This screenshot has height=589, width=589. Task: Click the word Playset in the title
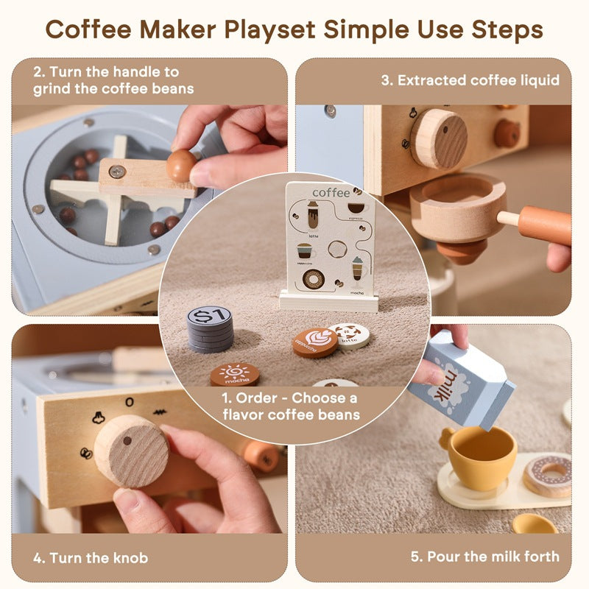(273, 30)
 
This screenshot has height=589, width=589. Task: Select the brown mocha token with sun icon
(234, 374)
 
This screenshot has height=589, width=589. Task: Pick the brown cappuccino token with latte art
(314, 342)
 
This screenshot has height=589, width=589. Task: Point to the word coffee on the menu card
(331, 192)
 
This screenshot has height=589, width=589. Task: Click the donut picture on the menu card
(314, 279)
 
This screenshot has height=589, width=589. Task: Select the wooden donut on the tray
(549, 474)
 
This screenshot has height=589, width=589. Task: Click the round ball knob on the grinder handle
(181, 166)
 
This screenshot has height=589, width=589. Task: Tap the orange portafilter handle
(544, 225)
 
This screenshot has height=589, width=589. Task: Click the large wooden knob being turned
(131, 451)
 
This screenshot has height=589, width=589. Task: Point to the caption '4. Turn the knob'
(91, 557)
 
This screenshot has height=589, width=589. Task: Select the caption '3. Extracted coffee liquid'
(470, 80)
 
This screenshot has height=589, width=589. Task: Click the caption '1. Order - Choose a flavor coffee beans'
(291, 406)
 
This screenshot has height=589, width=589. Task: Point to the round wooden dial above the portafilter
(439, 138)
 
